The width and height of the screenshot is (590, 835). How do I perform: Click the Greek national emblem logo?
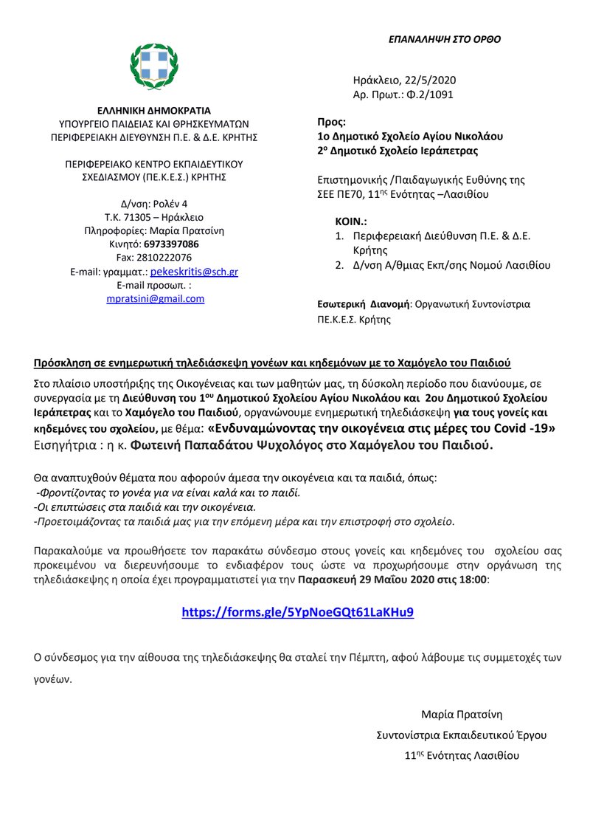point(153,66)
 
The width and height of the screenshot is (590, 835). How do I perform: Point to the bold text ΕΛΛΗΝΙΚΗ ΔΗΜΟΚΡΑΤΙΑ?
point(153,110)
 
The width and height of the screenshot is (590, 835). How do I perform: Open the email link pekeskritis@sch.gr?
point(194,272)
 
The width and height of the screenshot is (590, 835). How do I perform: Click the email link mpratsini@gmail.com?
point(154,298)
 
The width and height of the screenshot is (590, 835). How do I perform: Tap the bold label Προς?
point(331,123)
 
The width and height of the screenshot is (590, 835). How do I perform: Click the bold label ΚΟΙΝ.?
point(351,221)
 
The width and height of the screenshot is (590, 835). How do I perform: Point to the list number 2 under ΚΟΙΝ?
point(339,265)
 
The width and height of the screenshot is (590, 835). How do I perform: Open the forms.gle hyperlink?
point(298,613)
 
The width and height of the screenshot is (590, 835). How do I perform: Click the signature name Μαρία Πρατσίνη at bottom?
point(462,714)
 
